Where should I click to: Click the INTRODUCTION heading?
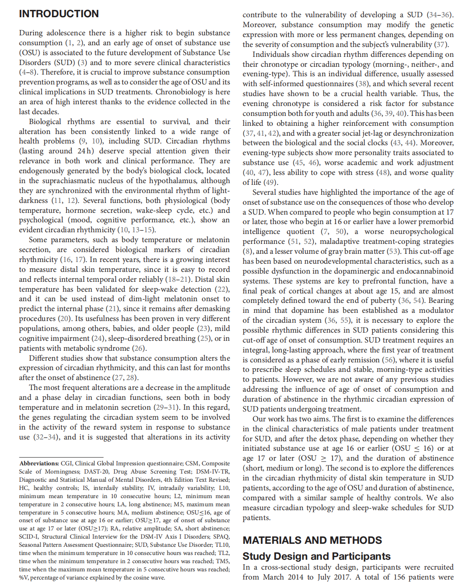pos(59,14)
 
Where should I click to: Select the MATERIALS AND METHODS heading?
pos(312,540)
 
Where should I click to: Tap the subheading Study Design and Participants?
pos(316,556)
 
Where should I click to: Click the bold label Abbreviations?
pos(39,463)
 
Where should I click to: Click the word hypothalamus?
pos(175,181)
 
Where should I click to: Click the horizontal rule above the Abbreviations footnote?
pos(61,457)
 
